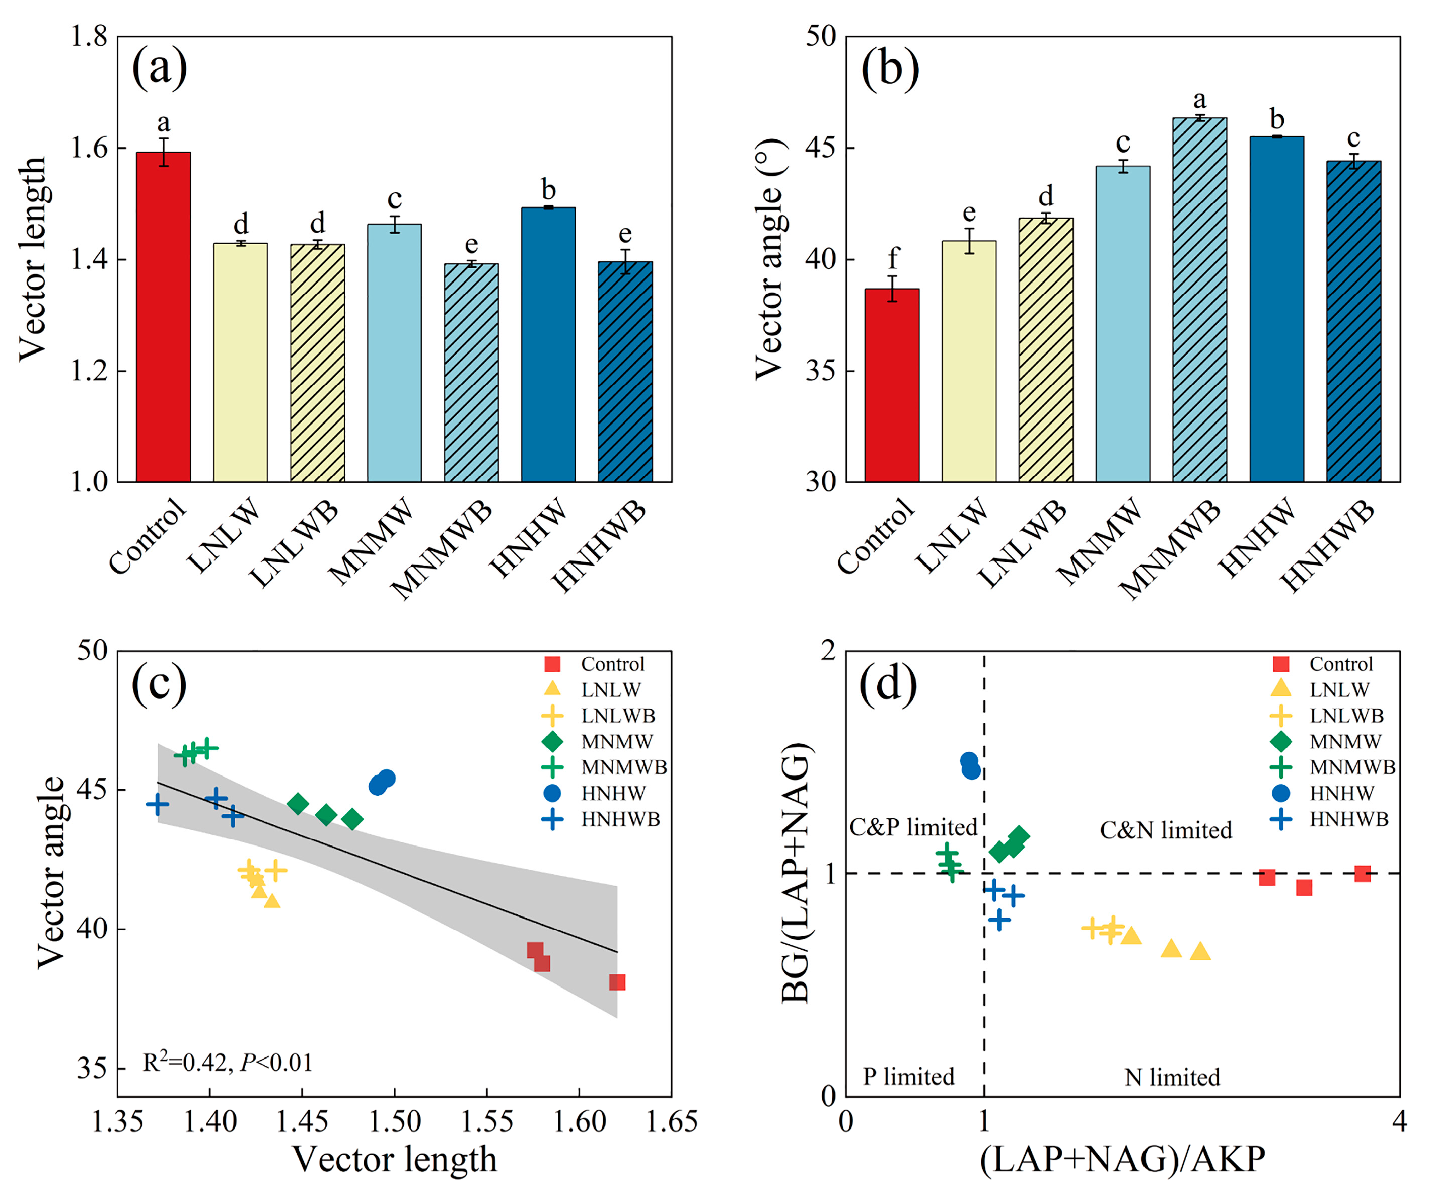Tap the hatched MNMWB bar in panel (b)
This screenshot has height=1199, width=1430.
click(x=1200, y=300)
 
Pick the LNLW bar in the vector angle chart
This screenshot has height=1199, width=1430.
click(x=969, y=361)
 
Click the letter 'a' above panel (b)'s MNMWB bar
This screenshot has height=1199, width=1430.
click(x=1200, y=100)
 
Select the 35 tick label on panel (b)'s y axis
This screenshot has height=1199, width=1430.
click(x=821, y=371)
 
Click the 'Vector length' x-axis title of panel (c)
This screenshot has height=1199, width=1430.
click(x=394, y=1160)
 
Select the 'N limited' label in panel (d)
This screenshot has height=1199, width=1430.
click(x=1172, y=1077)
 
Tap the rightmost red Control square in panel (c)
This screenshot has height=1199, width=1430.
click(x=617, y=982)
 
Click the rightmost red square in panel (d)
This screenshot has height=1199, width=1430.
click(x=1362, y=874)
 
